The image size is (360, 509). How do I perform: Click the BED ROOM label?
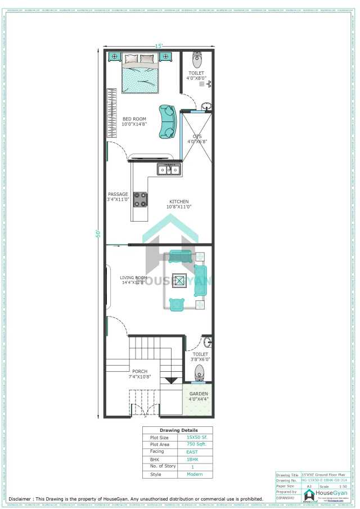(x=134, y=119)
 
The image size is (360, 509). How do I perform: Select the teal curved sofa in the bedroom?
(x=166, y=121)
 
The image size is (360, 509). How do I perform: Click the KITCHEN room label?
(x=179, y=201)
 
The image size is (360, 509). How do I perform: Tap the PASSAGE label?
(x=118, y=195)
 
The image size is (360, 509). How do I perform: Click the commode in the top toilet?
(x=197, y=60)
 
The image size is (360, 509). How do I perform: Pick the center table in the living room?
(x=181, y=280)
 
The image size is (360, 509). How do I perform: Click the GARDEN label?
(x=199, y=394)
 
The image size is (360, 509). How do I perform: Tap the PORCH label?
(x=139, y=371)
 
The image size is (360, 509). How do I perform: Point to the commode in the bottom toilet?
(x=199, y=372)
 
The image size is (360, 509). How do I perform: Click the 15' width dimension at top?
(x=160, y=46)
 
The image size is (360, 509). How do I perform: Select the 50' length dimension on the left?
(x=97, y=233)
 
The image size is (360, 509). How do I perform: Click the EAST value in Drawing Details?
(x=191, y=452)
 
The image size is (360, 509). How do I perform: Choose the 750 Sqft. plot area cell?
(x=196, y=444)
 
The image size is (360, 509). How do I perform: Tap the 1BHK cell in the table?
(x=191, y=460)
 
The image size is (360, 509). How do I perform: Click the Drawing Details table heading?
(x=177, y=430)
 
